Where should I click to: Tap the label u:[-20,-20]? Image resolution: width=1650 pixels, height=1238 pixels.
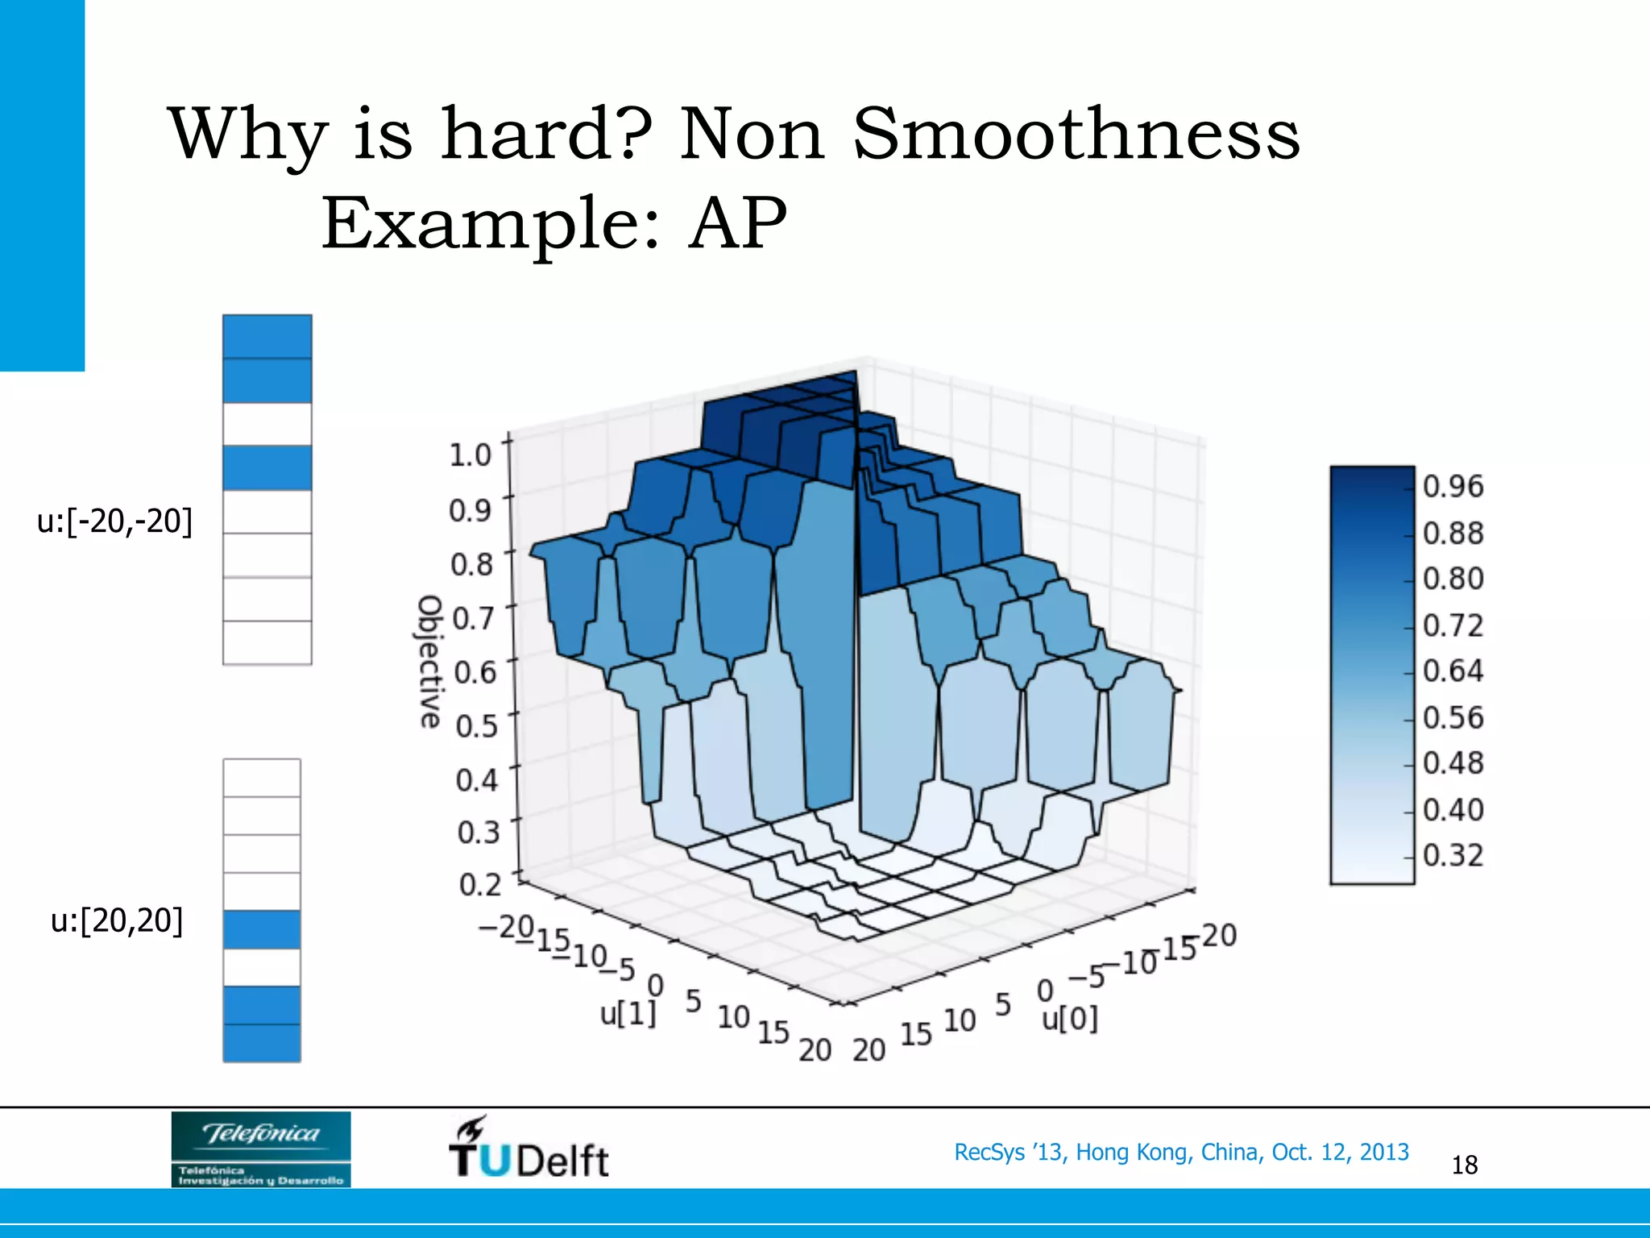[x=115, y=521]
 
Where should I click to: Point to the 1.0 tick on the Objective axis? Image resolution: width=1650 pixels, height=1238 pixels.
[x=470, y=455]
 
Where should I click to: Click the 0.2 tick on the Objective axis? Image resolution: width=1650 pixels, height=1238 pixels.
[x=479, y=885]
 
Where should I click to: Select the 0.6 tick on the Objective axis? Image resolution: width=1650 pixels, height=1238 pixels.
[x=475, y=671]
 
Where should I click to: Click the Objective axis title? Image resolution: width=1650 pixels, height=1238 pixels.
[x=430, y=662]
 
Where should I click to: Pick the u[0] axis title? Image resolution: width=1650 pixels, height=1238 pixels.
[x=1069, y=1019]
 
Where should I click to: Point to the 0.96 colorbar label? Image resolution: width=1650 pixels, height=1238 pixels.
[x=1453, y=486]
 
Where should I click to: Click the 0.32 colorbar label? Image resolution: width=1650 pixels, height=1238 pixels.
[x=1453, y=855]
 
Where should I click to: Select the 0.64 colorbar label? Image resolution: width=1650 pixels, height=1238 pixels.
[x=1453, y=671]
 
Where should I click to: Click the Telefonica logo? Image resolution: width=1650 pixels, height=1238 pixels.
[x=261, y=1149]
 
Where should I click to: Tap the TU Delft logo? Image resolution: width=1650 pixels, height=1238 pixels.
[x=529, y=1149]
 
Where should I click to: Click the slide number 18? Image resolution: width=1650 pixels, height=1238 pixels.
[x=1464, y=1165]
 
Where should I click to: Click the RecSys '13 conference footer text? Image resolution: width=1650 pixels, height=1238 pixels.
[x=1181, y=1152]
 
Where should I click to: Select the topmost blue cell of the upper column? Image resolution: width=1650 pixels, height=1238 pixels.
[x=267, y=337]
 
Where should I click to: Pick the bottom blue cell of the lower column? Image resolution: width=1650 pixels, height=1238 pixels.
[x=262, y=1043]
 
